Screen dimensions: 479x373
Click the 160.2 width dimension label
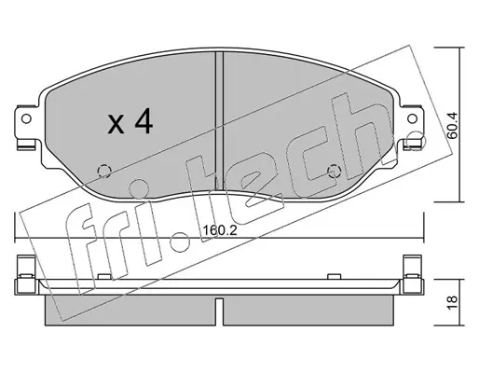pyautogui.click(x=220, y=230)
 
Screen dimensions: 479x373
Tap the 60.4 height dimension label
pyautogui.click(x=452, y=125)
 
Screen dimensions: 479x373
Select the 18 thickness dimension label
pyautogui.click(x=452, y=302)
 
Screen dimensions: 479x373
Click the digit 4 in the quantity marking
pyautogui.click(x=144, y=121)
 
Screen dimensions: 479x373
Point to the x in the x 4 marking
pyautogui.click(x=116, y=125)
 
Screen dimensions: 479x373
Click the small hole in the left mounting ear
pyautogui.click(x=26, y=118)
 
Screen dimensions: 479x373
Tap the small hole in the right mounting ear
pyautogui.click(x=412, y=118)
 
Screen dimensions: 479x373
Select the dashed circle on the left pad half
pyautogui.click(x=104, y=171)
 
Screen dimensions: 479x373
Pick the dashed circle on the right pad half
pyautogui.click(x=335, y=171)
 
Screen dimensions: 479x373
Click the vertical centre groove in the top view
pyautogui.click(x=219, y=120)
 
